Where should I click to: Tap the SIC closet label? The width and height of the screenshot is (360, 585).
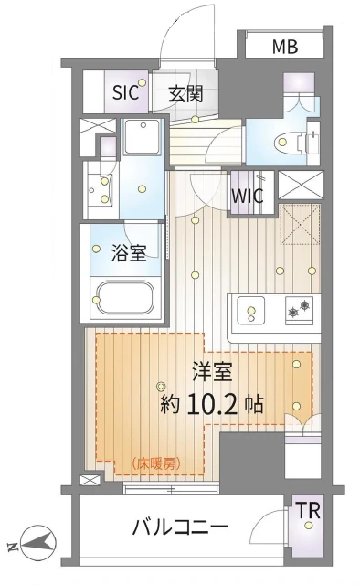125,91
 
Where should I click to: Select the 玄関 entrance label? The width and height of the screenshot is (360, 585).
185,91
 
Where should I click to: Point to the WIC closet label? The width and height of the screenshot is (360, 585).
247,195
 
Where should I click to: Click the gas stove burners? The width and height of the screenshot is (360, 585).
298,311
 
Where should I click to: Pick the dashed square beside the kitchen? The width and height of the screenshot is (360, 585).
298,224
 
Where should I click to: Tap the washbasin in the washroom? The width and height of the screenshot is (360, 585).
99,183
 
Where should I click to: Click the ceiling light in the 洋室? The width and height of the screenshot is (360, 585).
162,385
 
